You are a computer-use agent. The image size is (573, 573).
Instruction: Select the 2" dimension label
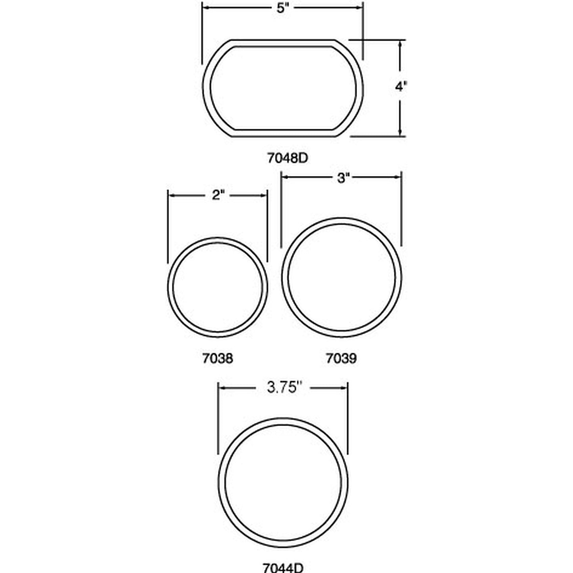(x=218, y=195)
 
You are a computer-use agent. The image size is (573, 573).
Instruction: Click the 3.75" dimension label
(x=284, y=388)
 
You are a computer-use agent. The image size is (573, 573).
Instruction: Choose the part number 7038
(x=218, y=359)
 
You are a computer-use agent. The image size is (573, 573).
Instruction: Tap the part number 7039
(x=341, y=359)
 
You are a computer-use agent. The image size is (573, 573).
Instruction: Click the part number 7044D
(x=283, y=568)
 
